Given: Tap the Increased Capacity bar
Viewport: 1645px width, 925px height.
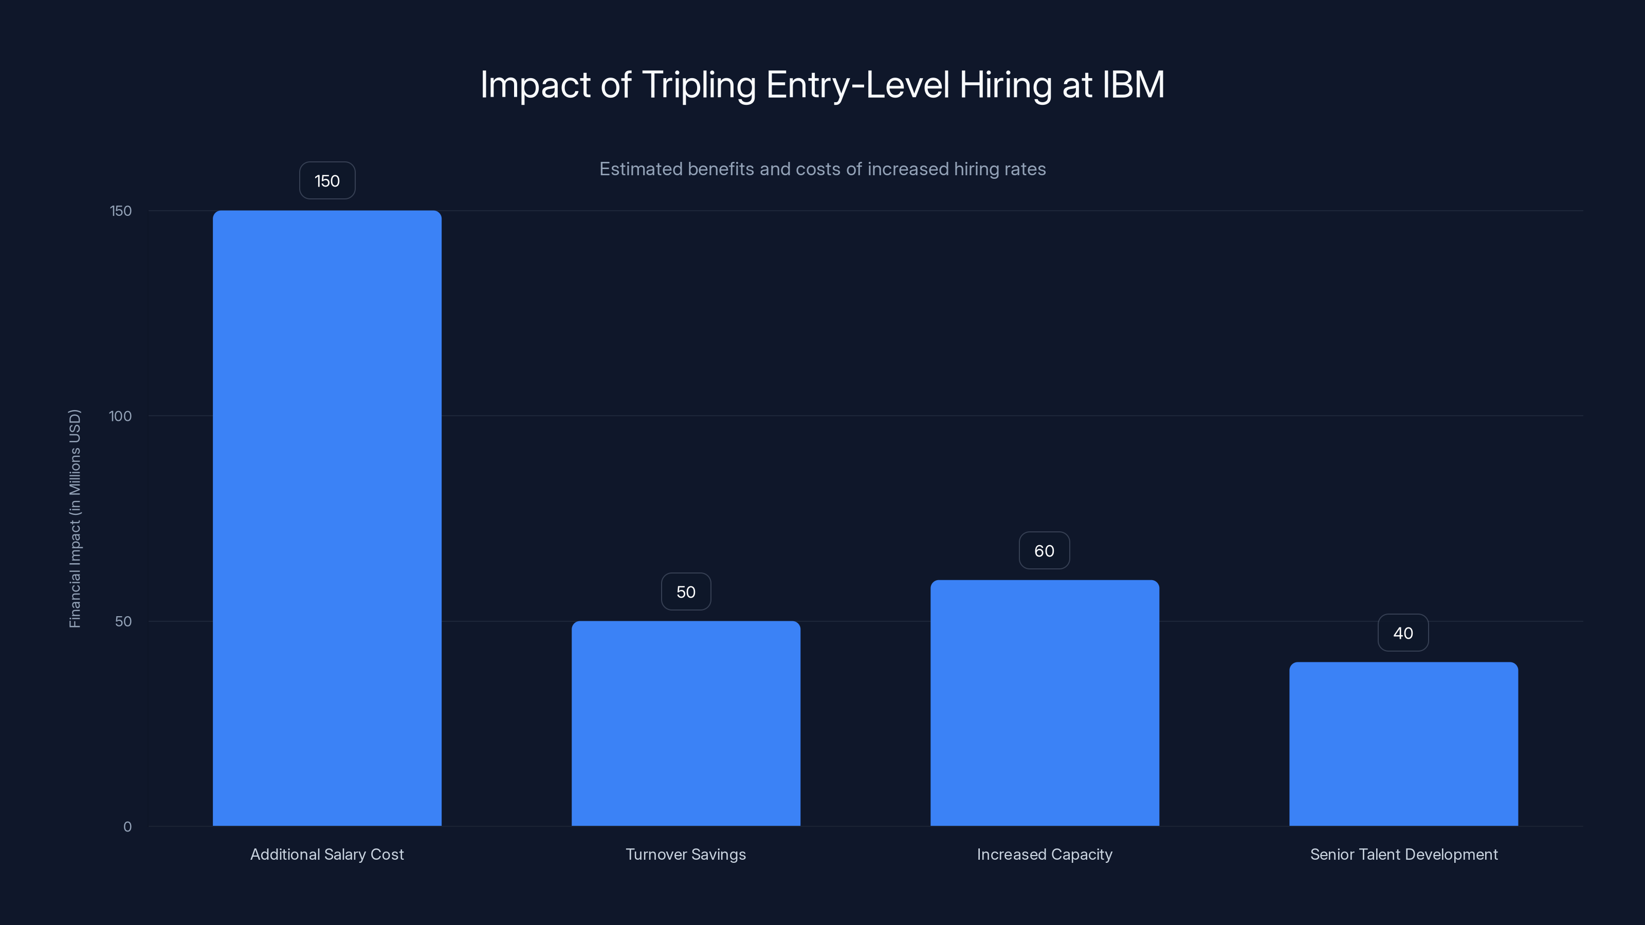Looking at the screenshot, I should click(x=1045, y=703).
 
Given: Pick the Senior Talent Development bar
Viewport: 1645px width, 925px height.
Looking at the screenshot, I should click(x=1403, y=744).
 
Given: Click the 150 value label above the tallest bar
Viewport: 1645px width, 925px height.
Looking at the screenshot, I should click(x=327, y=181).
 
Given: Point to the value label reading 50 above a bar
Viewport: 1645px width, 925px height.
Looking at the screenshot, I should click(x=686, y=592).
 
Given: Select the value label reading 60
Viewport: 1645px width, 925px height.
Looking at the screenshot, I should click(x=1044, y=551).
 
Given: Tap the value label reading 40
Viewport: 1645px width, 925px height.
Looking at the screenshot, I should click(x=1403, y=633).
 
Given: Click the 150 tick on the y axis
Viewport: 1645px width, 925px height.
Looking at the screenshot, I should click(x=121, y=211).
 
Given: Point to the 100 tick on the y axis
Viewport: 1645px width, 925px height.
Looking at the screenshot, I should click(x=120, y=416).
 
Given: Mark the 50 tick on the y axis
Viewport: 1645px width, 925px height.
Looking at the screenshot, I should click(x=123, y=622).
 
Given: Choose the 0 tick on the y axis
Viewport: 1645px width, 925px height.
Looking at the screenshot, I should click(x=127, y=827).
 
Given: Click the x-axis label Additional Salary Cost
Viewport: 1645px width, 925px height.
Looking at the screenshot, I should click(x=327, y=854).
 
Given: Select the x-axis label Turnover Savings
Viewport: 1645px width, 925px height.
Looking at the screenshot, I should click(x=686, y=854).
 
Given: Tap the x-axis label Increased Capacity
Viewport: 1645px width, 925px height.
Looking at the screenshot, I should click(x=1045, y=854).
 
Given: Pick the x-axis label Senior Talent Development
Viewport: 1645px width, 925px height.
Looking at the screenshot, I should click(x=1403, y=854).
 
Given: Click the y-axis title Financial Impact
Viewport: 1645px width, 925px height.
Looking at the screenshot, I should click(x=75, y=519).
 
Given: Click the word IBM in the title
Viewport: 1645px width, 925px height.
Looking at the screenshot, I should click(x=1134, y=84).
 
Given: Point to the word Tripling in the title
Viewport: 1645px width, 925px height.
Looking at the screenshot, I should click(x=699, y=85).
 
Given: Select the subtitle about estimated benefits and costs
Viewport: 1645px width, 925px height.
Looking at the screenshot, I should click(x=822, y=169).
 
